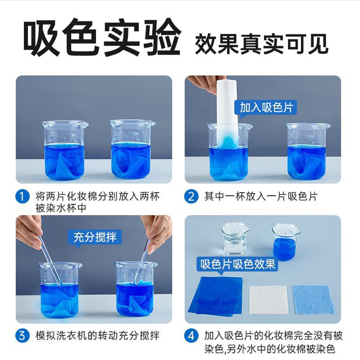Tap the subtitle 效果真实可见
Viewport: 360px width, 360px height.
point(261,44)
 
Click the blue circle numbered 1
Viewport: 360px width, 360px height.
point(22,197)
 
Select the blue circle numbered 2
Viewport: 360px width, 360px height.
point(191,197)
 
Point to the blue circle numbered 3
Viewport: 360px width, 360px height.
point(22,335)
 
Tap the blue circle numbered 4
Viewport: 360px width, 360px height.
point(191,335)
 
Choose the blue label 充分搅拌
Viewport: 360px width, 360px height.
point(94,237)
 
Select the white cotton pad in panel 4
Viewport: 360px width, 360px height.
point(268,299)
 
